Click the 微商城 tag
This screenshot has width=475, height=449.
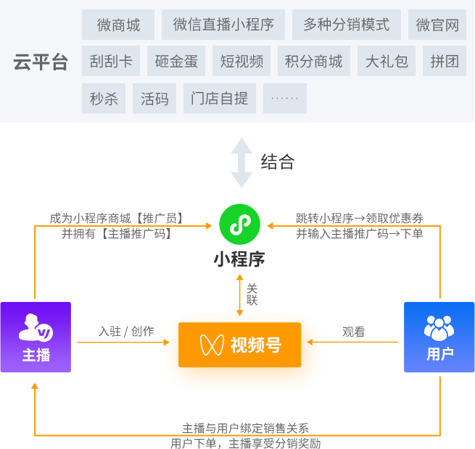click(x=118, y=25)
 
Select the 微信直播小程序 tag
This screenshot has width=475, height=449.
click(x=223, y=25)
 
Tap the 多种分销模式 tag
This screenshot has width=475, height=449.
click(x=347, y=25)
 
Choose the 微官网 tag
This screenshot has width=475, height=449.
click(x=437, y=25)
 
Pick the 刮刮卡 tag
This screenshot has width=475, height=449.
click(x=111, y=62)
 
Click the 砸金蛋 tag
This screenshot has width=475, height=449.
click(x=176, y=62)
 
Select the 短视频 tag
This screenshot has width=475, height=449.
click(x=241, y=62)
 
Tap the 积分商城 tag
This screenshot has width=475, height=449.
click(x=314, y=62)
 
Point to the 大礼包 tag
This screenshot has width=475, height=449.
click(x=387, y=62)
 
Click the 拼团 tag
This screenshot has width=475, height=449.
click(x=445, y=62)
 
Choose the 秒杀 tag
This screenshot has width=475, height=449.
click(x=104, y=98)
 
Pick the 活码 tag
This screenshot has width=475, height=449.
click(x=154, y=98)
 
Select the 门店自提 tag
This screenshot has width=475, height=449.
click(x=220, y=98)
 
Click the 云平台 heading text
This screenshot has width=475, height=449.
click(x=41, y=62)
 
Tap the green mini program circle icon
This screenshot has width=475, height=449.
click(x=239, y=224)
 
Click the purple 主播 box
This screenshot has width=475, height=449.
click(x=36, y=337)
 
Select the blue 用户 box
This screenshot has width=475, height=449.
click(x=439, y=337)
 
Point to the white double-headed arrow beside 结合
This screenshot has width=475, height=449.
click(x=241, y=162)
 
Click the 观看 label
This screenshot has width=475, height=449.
click(x=353, y=332)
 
